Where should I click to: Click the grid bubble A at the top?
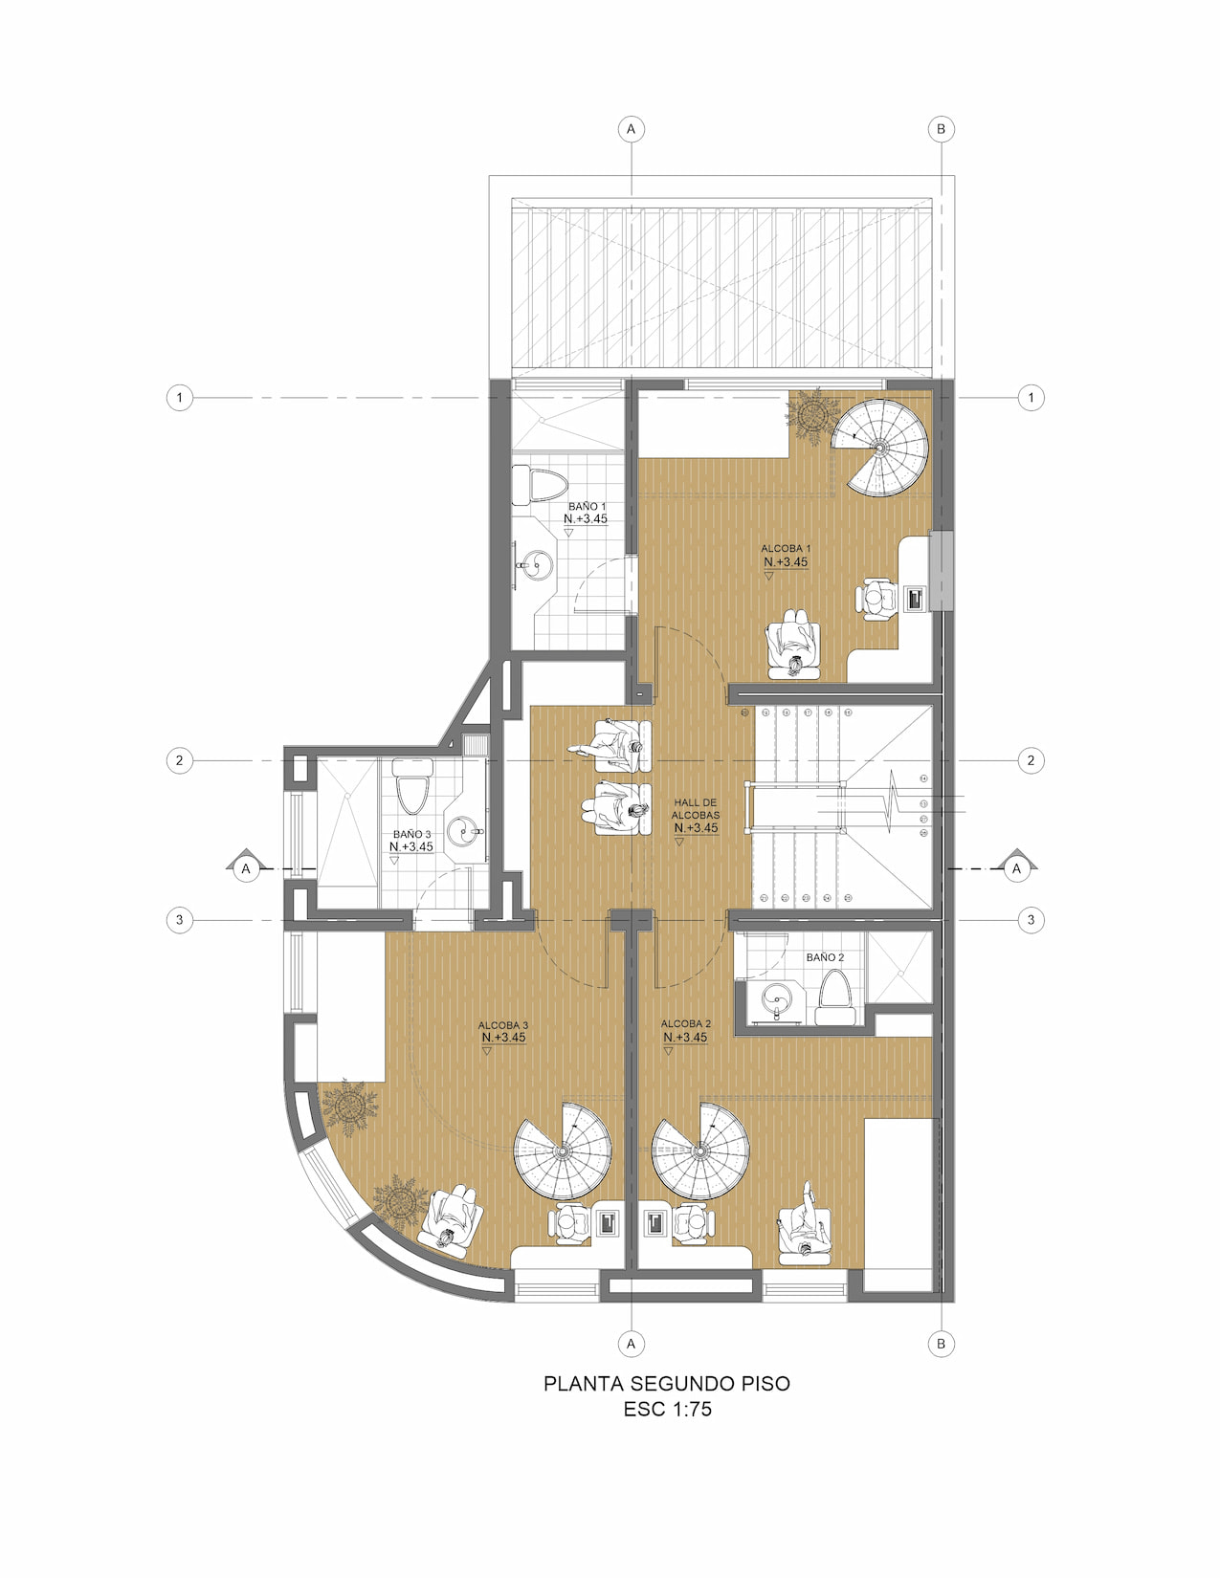631,129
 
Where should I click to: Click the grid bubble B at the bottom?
941,1344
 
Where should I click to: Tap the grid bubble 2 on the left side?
179,761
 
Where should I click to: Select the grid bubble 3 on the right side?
1031,920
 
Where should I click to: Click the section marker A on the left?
246,867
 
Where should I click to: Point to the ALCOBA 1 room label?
786,549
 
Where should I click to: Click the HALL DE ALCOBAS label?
696,809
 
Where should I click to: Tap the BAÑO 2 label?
825,957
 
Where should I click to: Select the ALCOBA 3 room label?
503,1025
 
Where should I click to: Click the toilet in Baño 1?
539,485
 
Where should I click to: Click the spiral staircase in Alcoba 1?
880,448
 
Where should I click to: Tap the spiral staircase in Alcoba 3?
563,1151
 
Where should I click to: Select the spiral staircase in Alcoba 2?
700,1151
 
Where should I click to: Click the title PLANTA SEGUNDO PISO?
667,1384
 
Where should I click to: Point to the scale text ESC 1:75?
667,1410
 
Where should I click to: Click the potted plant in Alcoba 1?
813,414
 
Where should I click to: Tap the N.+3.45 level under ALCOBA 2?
686,1038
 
